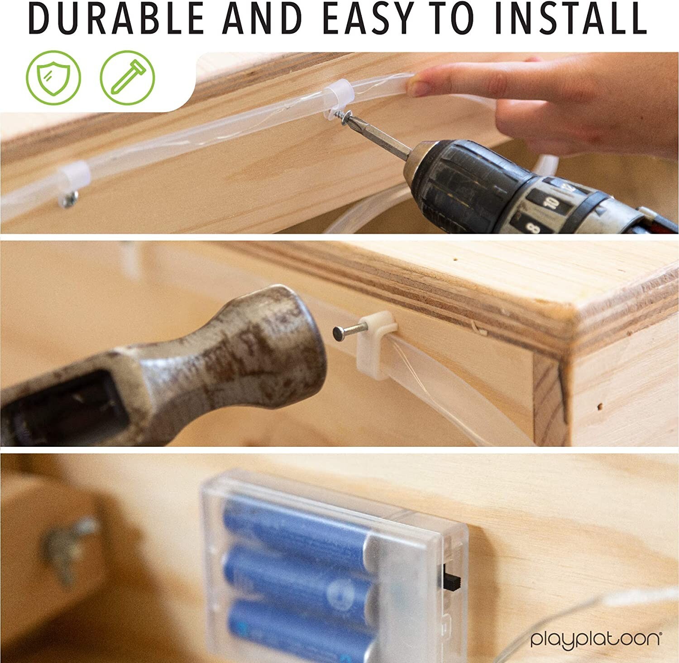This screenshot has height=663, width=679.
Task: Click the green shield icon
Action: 53,78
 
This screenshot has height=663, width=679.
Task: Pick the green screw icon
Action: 127,78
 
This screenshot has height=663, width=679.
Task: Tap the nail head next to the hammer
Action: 338,333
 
